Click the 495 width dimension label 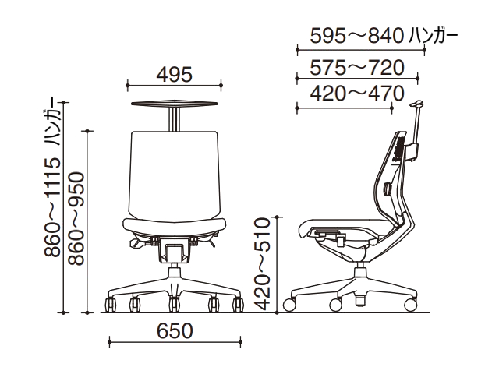(x=175, y=75)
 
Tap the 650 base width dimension (x=175, y=330)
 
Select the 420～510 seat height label (x=263, y=263)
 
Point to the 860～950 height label (x=76, y=219)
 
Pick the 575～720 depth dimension (x=357, y=68)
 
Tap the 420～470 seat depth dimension (x=357, y=93)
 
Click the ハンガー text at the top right (x=434, y=35)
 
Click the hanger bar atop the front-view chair (x=175, y=104)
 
